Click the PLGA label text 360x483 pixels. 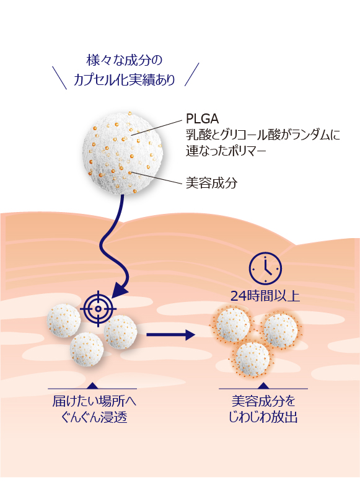[203, 118]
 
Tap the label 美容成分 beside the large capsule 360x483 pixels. [211, 183]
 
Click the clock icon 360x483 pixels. [265, 268]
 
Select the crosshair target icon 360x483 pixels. [99, 308]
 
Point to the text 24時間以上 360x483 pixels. [265, 296]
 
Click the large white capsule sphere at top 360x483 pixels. [123, 153]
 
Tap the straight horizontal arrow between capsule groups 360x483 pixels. [171, 335]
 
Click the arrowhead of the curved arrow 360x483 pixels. [120, 290]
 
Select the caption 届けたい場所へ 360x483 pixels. [94, 401]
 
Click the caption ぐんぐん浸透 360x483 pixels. [94, 418]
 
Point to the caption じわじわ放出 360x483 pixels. [263, 417]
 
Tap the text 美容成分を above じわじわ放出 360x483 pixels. [263, 401]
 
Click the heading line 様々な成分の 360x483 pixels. [124, 60]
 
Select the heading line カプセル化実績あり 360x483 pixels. [124, 80]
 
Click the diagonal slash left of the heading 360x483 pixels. [59, 78]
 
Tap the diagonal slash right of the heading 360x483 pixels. [192, 74]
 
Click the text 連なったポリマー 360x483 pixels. [226, 151]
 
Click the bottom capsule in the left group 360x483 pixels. [87, 349]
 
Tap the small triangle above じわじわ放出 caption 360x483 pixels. [263, 386]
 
